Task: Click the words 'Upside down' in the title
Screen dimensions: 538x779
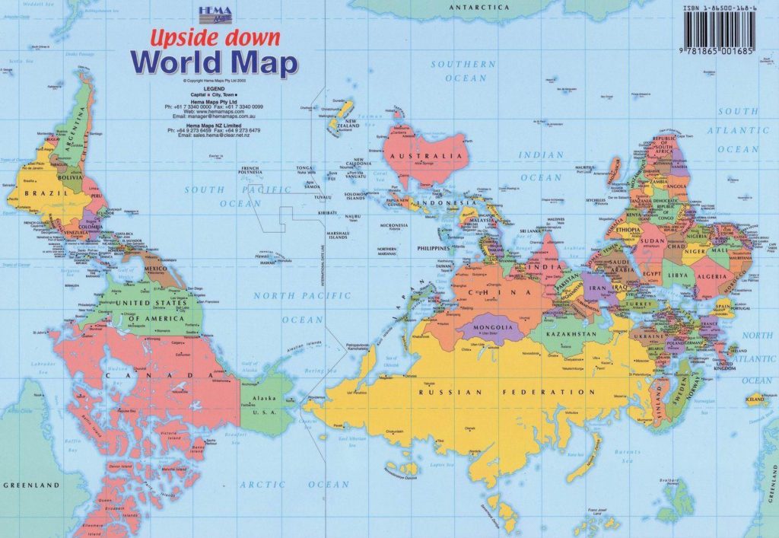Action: pyautogui.click(x=215, y=37)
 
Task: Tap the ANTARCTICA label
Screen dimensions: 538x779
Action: pyautogui.click(x=479, y=7)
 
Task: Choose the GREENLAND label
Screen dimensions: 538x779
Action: pyautogui.click(x=31, y=485)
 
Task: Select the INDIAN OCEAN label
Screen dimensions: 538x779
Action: pyautogui.click(x=541, y=166)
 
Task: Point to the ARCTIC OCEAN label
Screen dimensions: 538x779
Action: pyautogui.click(x=294, y=484)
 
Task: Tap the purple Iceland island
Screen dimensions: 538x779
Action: pyautogui.click(x=756, y=398)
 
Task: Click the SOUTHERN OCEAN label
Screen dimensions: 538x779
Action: pyautogui.click(x=463, y=71)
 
